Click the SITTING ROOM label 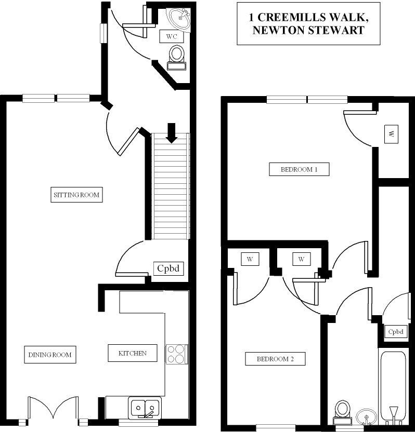[76, 195]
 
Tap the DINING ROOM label [50, 355]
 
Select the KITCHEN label [132, 353]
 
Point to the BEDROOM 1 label [299, 169]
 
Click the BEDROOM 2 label [275, 359]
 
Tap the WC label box [172, 37]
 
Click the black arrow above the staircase [172, 132]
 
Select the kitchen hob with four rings [177, 354]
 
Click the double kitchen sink [145, 408]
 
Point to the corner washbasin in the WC [181, 19]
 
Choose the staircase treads [171, 187]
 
